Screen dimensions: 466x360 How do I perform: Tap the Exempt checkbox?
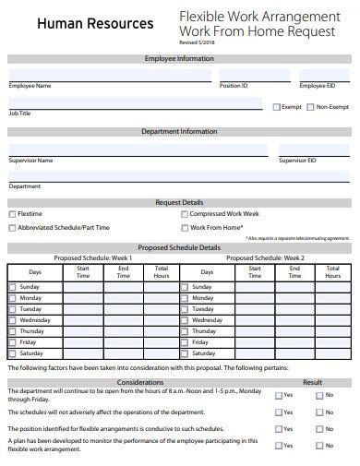(x=276, y=107)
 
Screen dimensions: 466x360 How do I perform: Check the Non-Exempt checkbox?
(x=311, y=107)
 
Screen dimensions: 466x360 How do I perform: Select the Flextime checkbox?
(x=12, y=214)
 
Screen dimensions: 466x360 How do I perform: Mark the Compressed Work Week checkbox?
(x=184, y=214)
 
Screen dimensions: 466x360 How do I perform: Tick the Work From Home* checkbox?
(x=184, y=227)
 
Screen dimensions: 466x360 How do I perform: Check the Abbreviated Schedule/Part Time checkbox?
(x=12, y=227)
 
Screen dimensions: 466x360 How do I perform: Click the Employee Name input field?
(x=109, y=75)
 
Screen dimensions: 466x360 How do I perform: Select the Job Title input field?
(x=134, y=103)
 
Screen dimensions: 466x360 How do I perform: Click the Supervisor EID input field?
(x=314, y=149)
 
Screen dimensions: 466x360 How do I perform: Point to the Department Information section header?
(x=179, y=132)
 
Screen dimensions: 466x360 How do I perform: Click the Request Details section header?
(x=179, y=202)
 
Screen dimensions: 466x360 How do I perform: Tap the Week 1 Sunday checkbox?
(x=12, y=287)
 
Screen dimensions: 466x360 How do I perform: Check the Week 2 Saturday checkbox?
(x=184, y=353)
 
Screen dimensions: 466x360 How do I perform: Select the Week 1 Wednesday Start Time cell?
(x=83, y=320)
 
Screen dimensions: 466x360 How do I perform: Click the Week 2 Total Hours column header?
(x=332, y=272)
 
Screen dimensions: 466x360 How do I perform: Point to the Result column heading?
(x=312, y=381)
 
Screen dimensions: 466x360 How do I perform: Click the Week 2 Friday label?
(x=201, y=342)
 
